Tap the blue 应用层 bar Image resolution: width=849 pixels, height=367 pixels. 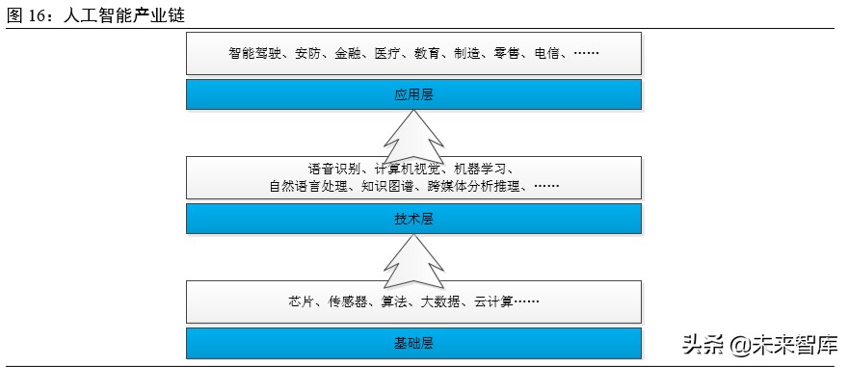[413, 93]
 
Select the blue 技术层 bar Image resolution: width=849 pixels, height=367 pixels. [413, 219]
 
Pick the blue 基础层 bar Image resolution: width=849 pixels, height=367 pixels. [413, 342]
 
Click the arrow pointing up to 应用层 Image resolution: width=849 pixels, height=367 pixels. [413, 140]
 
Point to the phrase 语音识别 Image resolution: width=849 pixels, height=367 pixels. [332, 169]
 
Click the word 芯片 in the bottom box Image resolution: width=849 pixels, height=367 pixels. [300, 301]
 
